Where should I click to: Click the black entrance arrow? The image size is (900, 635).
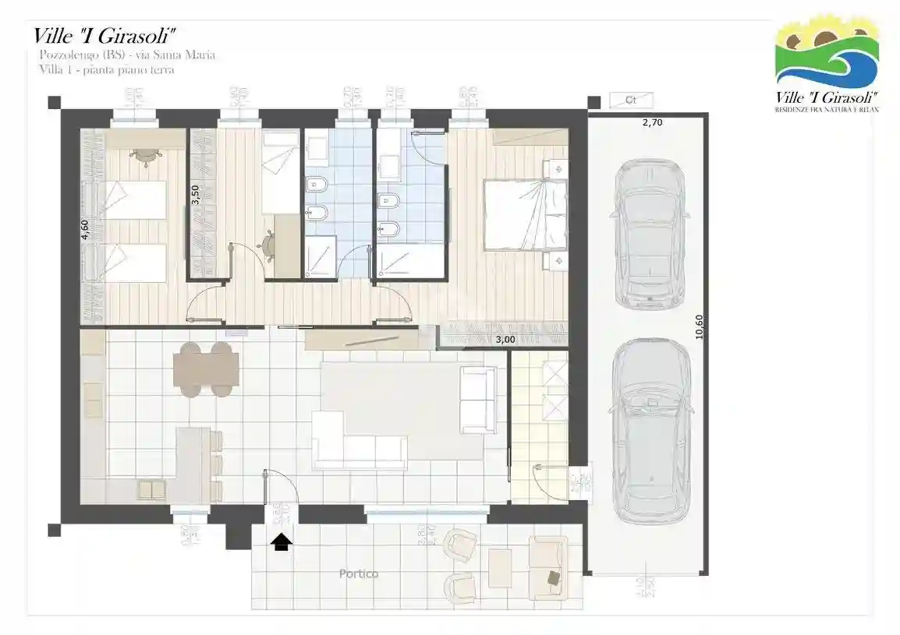pos(282,542)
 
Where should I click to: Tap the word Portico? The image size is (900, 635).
pos(359,574)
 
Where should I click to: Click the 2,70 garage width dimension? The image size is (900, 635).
pos(652,122)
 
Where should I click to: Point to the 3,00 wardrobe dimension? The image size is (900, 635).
pos(505,339)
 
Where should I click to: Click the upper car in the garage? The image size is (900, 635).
pos(650,234)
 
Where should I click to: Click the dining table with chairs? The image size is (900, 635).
pos(205,370)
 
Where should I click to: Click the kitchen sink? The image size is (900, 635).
pos(151,489)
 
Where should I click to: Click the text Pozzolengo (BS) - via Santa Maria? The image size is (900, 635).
pos(127,55)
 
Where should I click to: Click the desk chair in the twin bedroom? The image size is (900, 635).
pos(144,155)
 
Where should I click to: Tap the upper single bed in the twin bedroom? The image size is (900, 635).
pos(133,200)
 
